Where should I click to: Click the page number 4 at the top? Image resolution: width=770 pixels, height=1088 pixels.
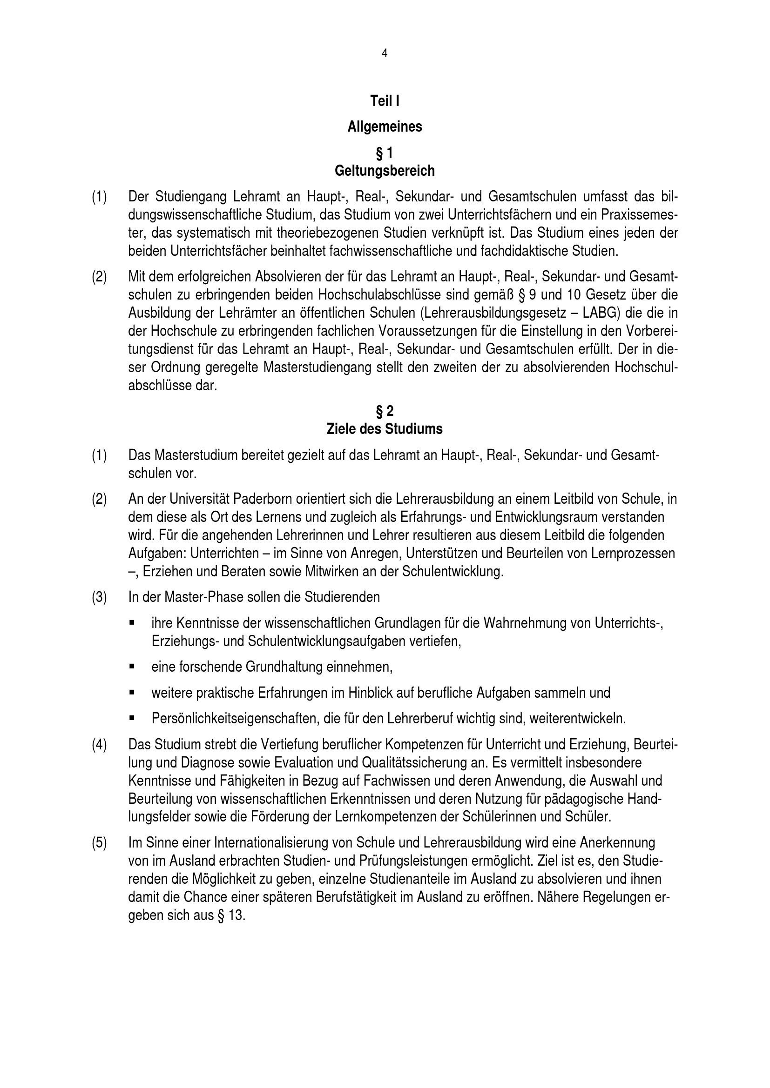click(384, 54)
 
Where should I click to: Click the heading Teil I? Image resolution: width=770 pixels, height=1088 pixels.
click(385, 101)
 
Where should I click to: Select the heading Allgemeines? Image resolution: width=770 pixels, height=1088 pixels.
click(385, 127)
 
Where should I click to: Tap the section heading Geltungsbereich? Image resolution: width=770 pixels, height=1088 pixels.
click(385, 171)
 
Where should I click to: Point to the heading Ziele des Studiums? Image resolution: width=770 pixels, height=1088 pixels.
click(385, 429)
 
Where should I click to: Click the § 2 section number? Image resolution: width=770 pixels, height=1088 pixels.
click(385, 411)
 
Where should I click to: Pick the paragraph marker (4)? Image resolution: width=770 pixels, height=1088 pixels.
click(99, 744)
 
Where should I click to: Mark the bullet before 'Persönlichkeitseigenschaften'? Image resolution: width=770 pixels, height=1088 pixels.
click(131, 718)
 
